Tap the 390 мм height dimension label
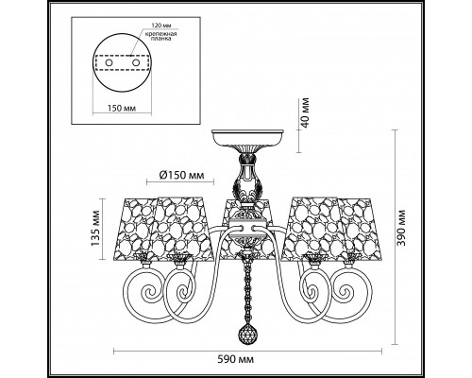point(400,228)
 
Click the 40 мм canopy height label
point(305,112)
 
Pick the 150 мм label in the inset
point(122,109)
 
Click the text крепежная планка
point(160,36)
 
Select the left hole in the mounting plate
point(109,62)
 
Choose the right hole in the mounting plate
point(136,62)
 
